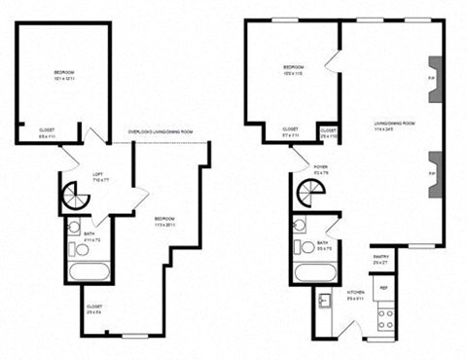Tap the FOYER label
(x=320, y=169)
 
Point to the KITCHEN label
(x=356, y=294)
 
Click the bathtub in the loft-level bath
(x=86, y=271)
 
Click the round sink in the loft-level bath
(x=74, y=229)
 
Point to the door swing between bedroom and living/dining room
(x=332, y=60)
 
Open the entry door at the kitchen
(x=362, y=334)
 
